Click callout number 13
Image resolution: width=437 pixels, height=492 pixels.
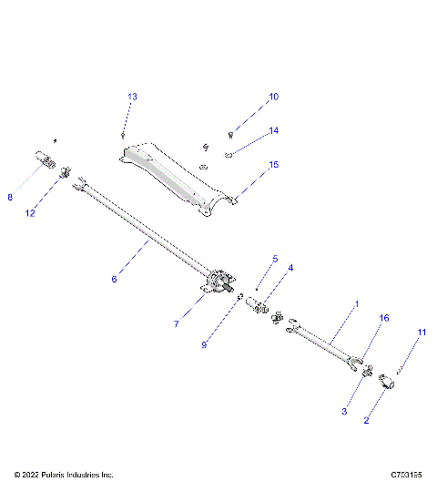pyautogui.click(x=132, y=97)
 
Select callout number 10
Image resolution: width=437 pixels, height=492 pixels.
pyautogui.click(x=273, y=97)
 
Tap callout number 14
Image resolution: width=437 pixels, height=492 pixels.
pyautogui.click(x=273, y=131)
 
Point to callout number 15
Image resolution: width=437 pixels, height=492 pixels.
pyautogui.click(x=273, y=165)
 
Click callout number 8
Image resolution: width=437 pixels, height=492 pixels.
pyautogui.click(x=10, y=196)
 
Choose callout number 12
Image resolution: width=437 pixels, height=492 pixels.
pyautogui.click(x=30, y=213)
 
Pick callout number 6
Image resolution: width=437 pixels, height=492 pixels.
pyautogui.click(x=114, y=280)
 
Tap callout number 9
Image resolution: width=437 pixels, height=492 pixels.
pyautogui.click(x=204, y=345)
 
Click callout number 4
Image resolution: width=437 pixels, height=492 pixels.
pyautogui.click(x=290, y=267)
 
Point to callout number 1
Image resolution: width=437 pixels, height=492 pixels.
pyautogui.click(x=357, y=303)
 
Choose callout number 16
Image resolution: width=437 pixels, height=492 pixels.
pyautogui.click(x=383, y=318)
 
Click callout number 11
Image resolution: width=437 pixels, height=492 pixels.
pyautogui.click(x=421, y=333)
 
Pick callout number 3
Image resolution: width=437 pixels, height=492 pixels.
pyautogui.click(x=344, y=412)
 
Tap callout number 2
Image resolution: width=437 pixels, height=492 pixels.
pyautogui.click(x=366, y=420)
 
